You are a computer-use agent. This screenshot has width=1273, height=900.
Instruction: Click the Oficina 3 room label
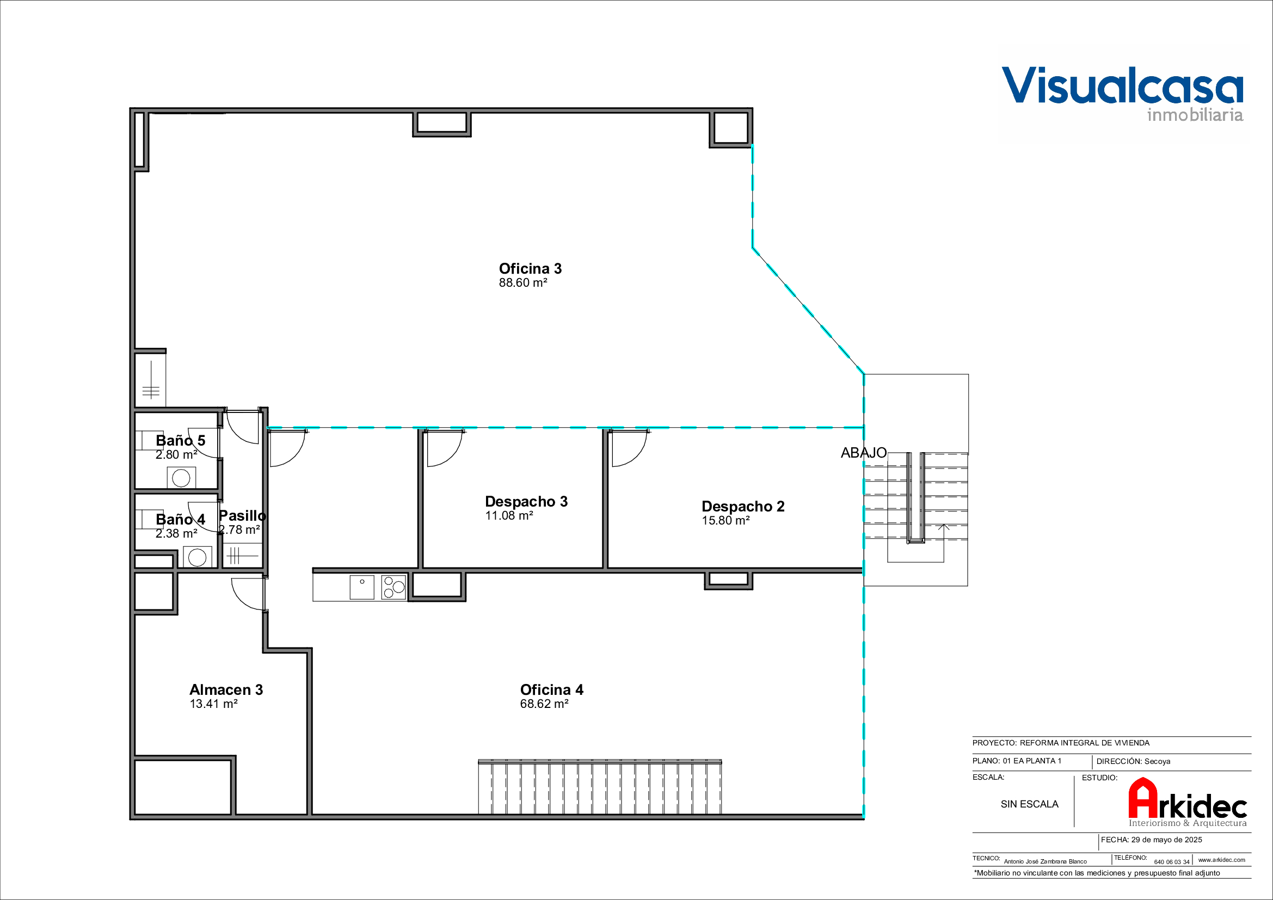point(530,269)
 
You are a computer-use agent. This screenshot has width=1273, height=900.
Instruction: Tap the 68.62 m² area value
point(544,704)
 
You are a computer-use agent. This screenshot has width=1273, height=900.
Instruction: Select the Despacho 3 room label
point(526,502)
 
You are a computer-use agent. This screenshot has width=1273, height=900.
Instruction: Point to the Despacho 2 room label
point(743,507)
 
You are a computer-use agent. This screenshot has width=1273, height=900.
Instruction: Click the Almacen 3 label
point(226,690)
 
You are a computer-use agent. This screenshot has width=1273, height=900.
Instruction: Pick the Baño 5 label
point(180,441)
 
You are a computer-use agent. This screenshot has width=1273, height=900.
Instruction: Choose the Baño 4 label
point(180,519)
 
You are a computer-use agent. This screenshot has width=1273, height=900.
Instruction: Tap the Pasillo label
point(243,516)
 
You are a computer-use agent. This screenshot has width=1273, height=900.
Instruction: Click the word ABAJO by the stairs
point(863,453)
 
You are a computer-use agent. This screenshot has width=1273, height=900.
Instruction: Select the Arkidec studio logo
point(1188,802)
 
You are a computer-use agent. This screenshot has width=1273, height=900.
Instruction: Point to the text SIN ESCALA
point(1030,804)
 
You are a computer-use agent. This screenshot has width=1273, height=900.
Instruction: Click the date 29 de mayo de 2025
point(1166,840)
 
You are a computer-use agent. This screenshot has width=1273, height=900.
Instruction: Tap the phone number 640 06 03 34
point(1172,862)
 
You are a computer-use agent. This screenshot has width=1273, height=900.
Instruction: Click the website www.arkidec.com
point(1221,860)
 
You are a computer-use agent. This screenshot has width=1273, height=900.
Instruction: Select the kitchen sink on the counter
point(361,588)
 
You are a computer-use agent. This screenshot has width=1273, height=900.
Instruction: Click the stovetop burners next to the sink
point(393,588)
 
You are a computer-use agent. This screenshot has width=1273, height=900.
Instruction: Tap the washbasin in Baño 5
point(181,478)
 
